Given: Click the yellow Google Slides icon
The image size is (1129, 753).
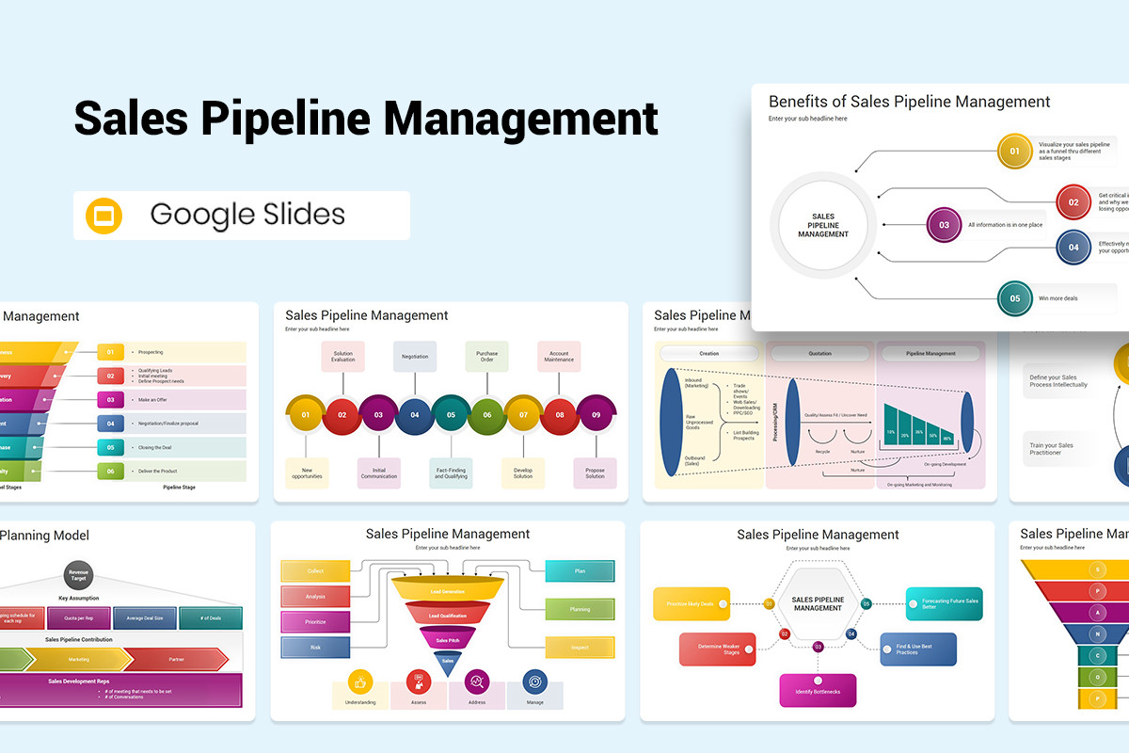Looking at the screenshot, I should pos(104,216).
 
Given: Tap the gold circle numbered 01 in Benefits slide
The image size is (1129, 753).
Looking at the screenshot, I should pos(1014,151).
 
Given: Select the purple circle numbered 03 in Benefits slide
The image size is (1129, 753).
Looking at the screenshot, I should pos(944,225).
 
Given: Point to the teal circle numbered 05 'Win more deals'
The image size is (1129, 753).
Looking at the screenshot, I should pos(1014,298).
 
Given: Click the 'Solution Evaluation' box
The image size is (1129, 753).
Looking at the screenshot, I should pos(342,357).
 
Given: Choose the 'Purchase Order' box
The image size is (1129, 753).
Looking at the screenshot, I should pos(486,357).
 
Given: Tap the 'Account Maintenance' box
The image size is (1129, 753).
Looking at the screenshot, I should pos(559,357).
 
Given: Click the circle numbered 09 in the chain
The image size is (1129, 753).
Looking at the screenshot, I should pos(596,414).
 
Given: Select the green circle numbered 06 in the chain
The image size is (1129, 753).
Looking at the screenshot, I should pos(486,414).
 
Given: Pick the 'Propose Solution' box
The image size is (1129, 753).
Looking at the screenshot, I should pos(595,473).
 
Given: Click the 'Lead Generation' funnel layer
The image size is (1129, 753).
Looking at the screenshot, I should pos(447,591).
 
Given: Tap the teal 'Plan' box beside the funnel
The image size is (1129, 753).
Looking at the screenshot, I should pos(580,571).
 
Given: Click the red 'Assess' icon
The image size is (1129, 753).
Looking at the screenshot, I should pos(419,682).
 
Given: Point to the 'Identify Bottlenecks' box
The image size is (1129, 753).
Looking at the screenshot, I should pos(818,691).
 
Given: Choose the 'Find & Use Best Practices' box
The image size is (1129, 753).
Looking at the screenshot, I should pos(918,649).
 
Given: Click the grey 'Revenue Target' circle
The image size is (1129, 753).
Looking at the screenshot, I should pos(78,573).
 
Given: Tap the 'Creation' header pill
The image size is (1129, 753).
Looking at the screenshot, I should pos(709,354).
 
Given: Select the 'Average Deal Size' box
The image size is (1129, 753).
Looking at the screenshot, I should pos(145,618).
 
